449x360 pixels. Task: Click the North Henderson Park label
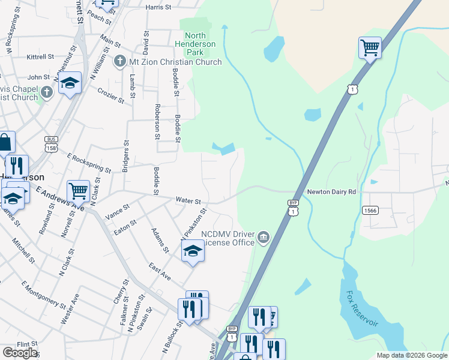tap(196, 44)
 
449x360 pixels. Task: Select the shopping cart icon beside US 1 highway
tap(370, 47)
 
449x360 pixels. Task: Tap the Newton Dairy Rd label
tap(332, 192)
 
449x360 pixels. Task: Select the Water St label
tap(188, 200)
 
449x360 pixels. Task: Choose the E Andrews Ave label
tap(60, 197)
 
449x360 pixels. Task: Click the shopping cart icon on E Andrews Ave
tap(79, 191)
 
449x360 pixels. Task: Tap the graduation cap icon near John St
tap(70, 84)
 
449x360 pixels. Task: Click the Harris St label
tap(159, 7)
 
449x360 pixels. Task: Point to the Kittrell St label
tap(40, 57)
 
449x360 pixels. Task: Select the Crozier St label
tap(110, 95)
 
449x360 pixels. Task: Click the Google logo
tap(19, 353)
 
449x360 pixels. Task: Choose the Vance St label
tap(118, 211)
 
